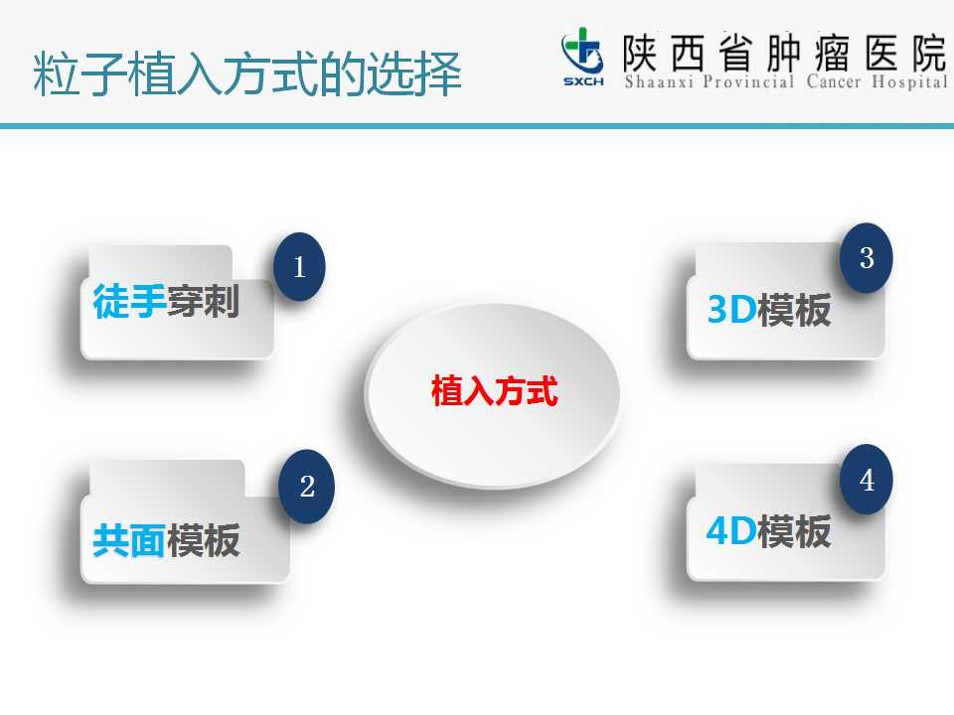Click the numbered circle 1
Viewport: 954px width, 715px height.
299,266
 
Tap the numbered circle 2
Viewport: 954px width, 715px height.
306,487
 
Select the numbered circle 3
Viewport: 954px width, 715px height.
867,258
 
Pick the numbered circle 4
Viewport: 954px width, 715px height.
867,479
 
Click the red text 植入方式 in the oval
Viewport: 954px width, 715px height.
494,390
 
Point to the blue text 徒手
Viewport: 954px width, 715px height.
129,301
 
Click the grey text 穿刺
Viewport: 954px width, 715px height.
203,301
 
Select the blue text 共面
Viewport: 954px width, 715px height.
129,540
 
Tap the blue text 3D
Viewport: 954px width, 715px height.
732,310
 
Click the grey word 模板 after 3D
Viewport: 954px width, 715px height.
795,310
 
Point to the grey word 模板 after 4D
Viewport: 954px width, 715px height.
795,530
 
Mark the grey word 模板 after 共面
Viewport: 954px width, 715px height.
203,540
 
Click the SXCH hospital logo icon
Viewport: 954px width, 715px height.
583,57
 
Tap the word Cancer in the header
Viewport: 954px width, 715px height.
834,81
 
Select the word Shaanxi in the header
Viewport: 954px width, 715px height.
659,81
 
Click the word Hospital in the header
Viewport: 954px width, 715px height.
910,82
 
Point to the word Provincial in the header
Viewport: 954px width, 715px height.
749,81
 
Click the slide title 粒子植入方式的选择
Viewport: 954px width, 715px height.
247,73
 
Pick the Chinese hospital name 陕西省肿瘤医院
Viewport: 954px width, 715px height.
785,53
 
